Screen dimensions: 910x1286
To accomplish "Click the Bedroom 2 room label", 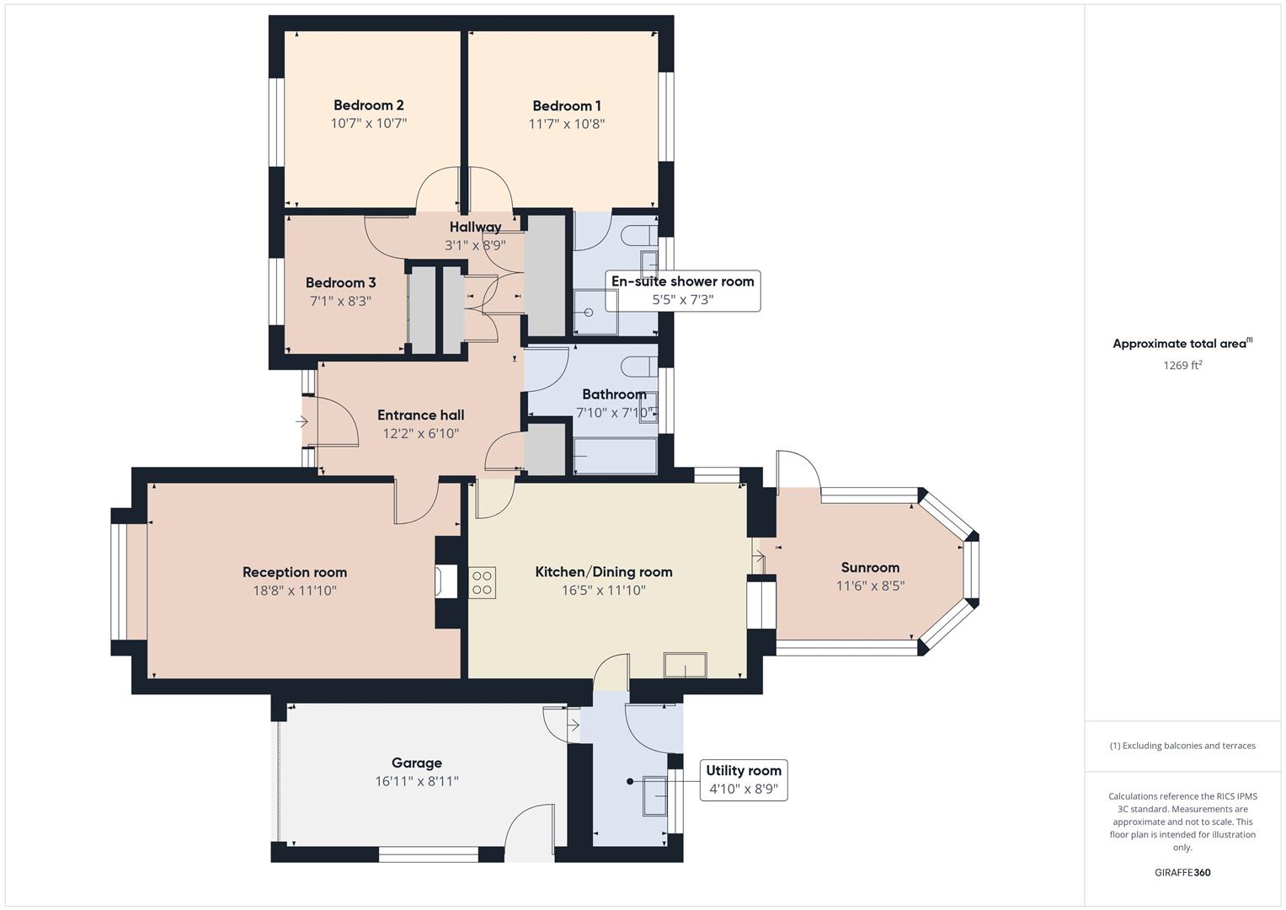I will [x=368, y=105].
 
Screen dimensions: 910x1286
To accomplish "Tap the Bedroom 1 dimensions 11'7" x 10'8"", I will [x=567, y=124].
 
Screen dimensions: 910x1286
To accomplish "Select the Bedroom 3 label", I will [x=340, y=283].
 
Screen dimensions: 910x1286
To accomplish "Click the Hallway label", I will [x=475, y=227].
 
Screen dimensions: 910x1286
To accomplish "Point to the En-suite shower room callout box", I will [x=682, y=290].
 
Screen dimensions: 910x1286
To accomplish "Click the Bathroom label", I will [x=614, y=394].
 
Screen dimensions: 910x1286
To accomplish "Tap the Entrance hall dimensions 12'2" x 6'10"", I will [x=420, y=434].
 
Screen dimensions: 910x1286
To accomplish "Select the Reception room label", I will [x=295, y=572].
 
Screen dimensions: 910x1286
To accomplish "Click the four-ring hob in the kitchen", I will [x=483, y=582].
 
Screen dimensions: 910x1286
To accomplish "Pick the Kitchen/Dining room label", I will [x=604, y=572].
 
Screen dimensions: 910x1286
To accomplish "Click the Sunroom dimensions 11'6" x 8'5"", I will [x=870, y=586].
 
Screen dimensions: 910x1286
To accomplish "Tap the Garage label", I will [x=417, y=763].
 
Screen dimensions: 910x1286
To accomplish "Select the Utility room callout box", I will [x=743, y=779].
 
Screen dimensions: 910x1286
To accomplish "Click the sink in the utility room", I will [x=655, y=795].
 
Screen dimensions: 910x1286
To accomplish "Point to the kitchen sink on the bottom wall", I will [x=686, y=666].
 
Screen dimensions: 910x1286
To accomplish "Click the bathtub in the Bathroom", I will [x=615, y=455].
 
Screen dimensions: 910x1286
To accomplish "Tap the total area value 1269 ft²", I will [x=1182, y=366].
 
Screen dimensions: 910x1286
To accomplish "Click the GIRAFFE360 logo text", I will [x=1182, y=873].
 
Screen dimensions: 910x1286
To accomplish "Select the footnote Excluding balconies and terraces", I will [x=1182, y=746].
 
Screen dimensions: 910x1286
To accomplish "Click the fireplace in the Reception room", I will [x=445, y=582].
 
